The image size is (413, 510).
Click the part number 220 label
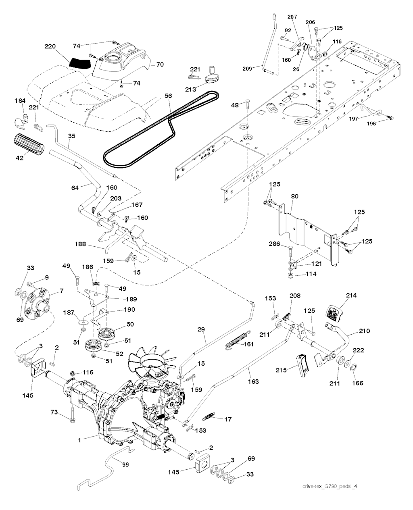[50, 46]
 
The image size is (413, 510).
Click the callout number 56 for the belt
[168, 97]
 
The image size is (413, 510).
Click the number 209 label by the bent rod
[247, 69]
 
